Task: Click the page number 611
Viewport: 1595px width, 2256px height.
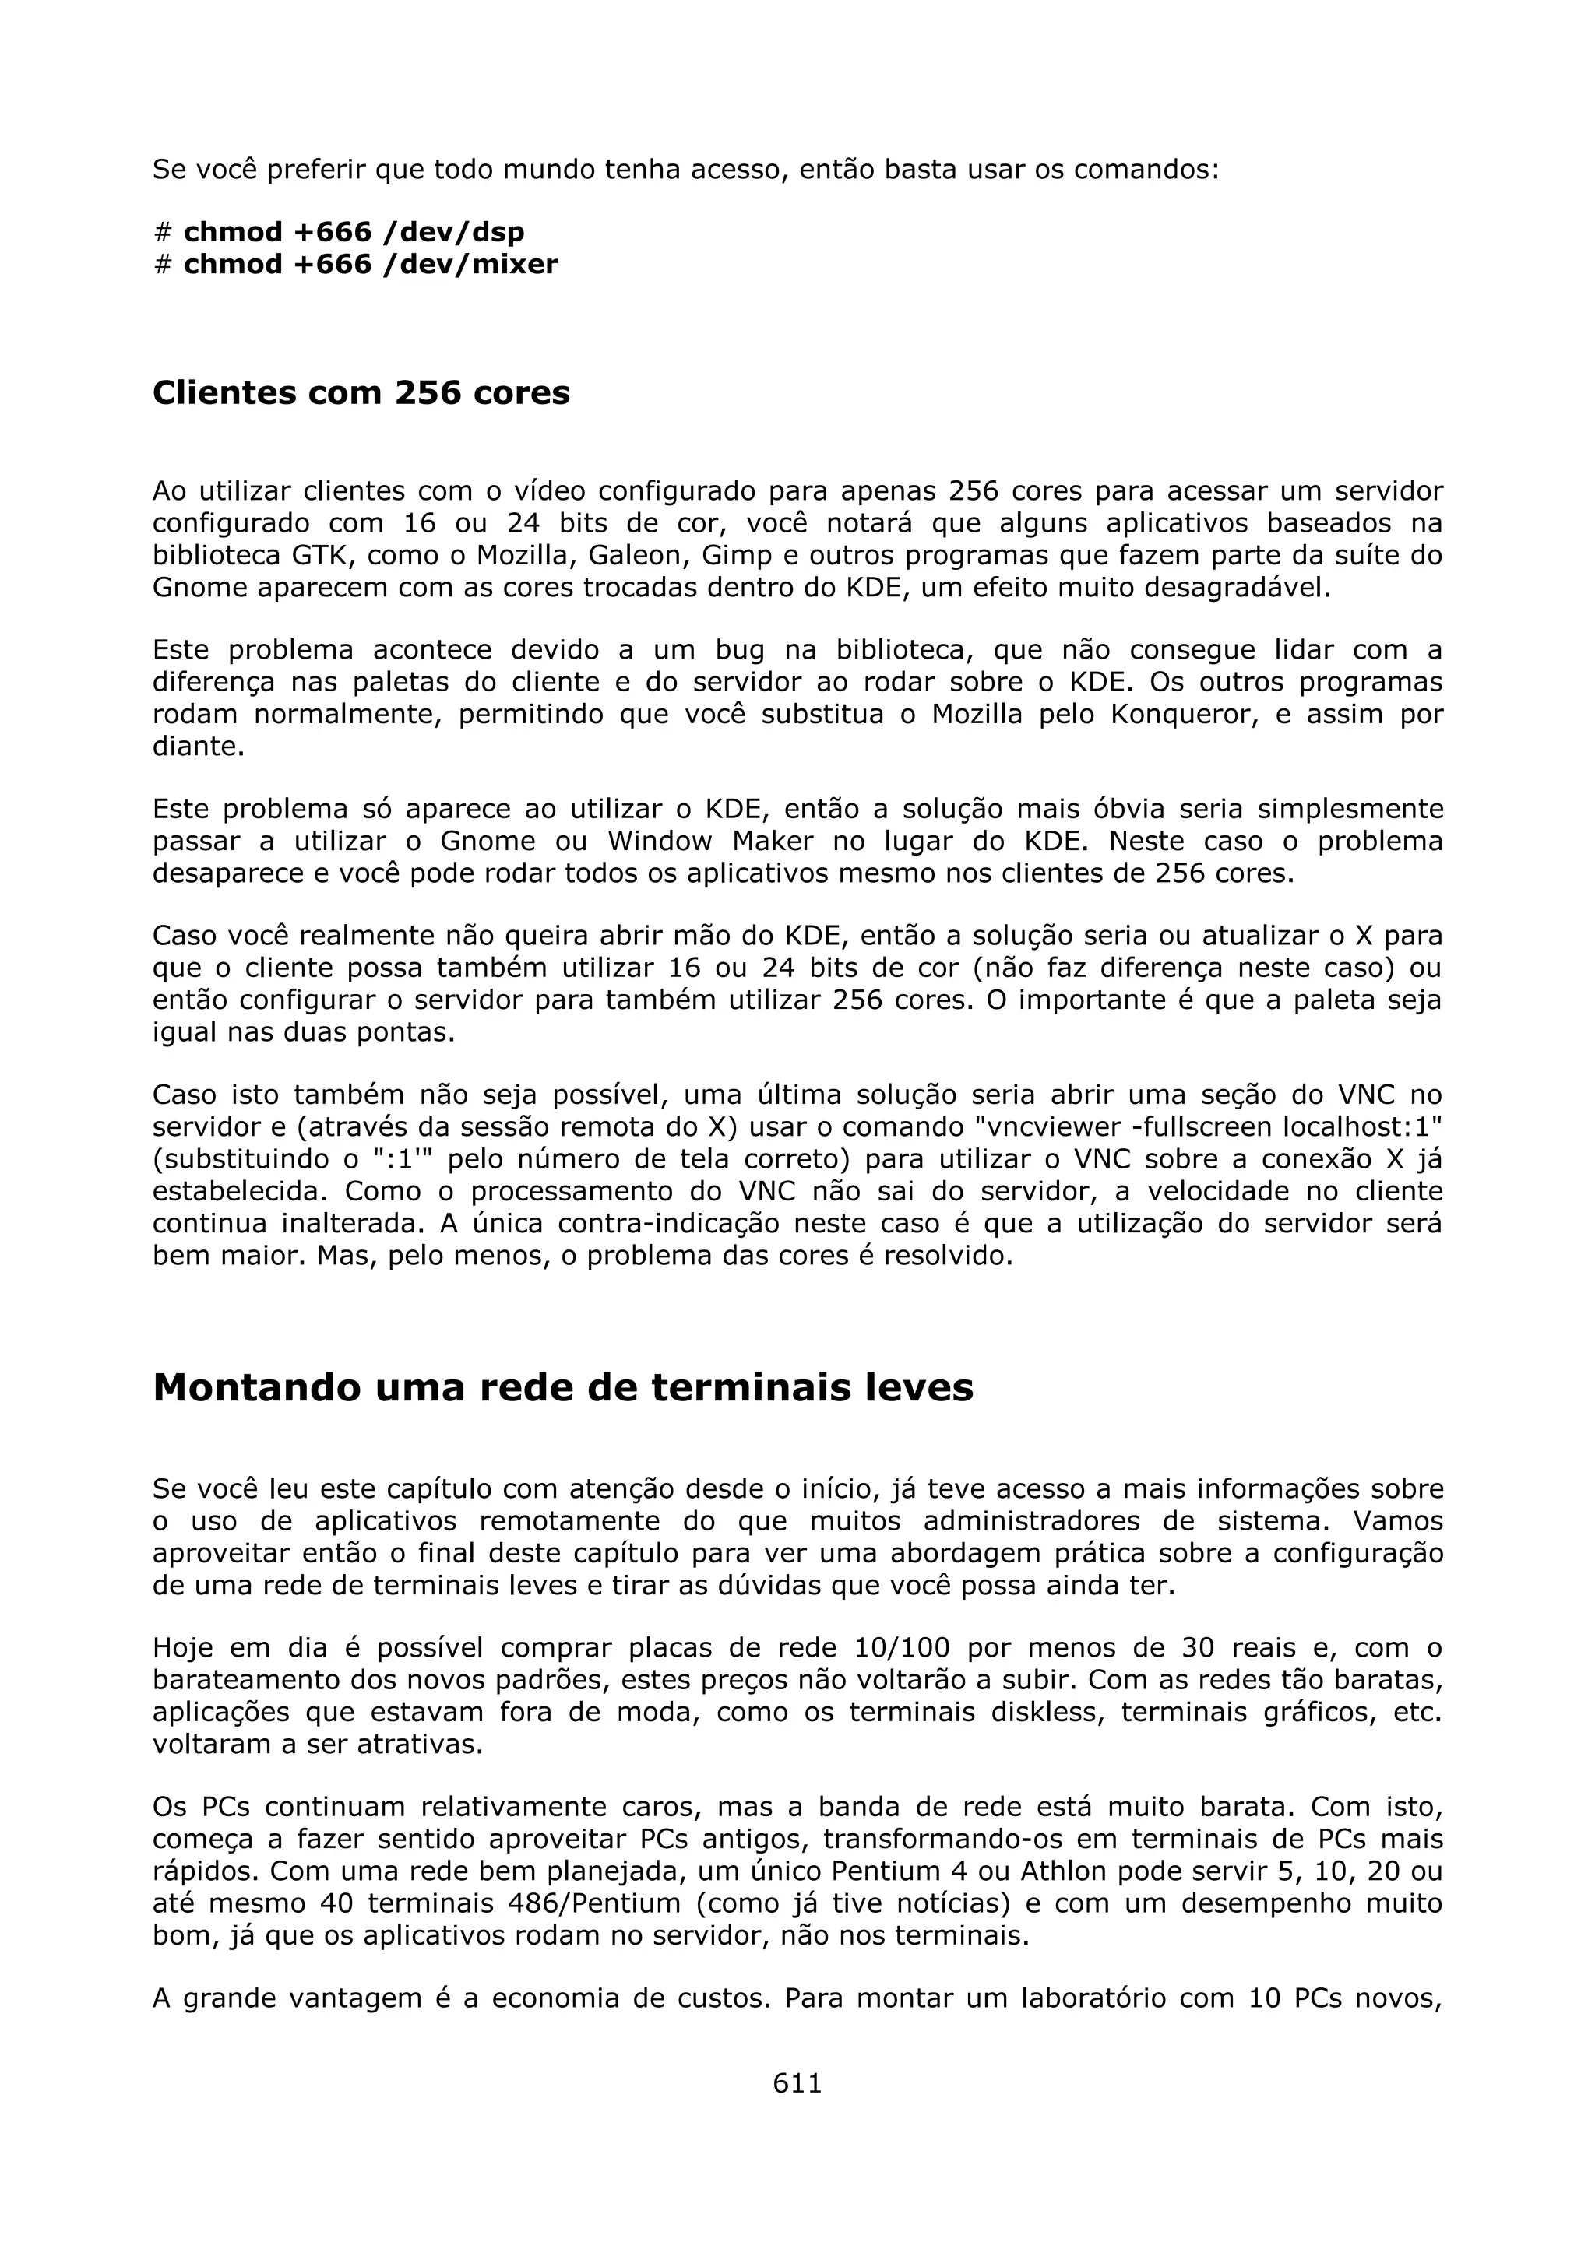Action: (x=797, y=2082)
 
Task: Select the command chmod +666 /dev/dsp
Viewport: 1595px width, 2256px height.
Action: (x=354, y=232)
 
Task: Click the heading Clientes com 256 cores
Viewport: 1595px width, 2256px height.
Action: (x=361, y=392)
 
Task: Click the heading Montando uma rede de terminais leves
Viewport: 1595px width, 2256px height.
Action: (x=563, y=1386)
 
